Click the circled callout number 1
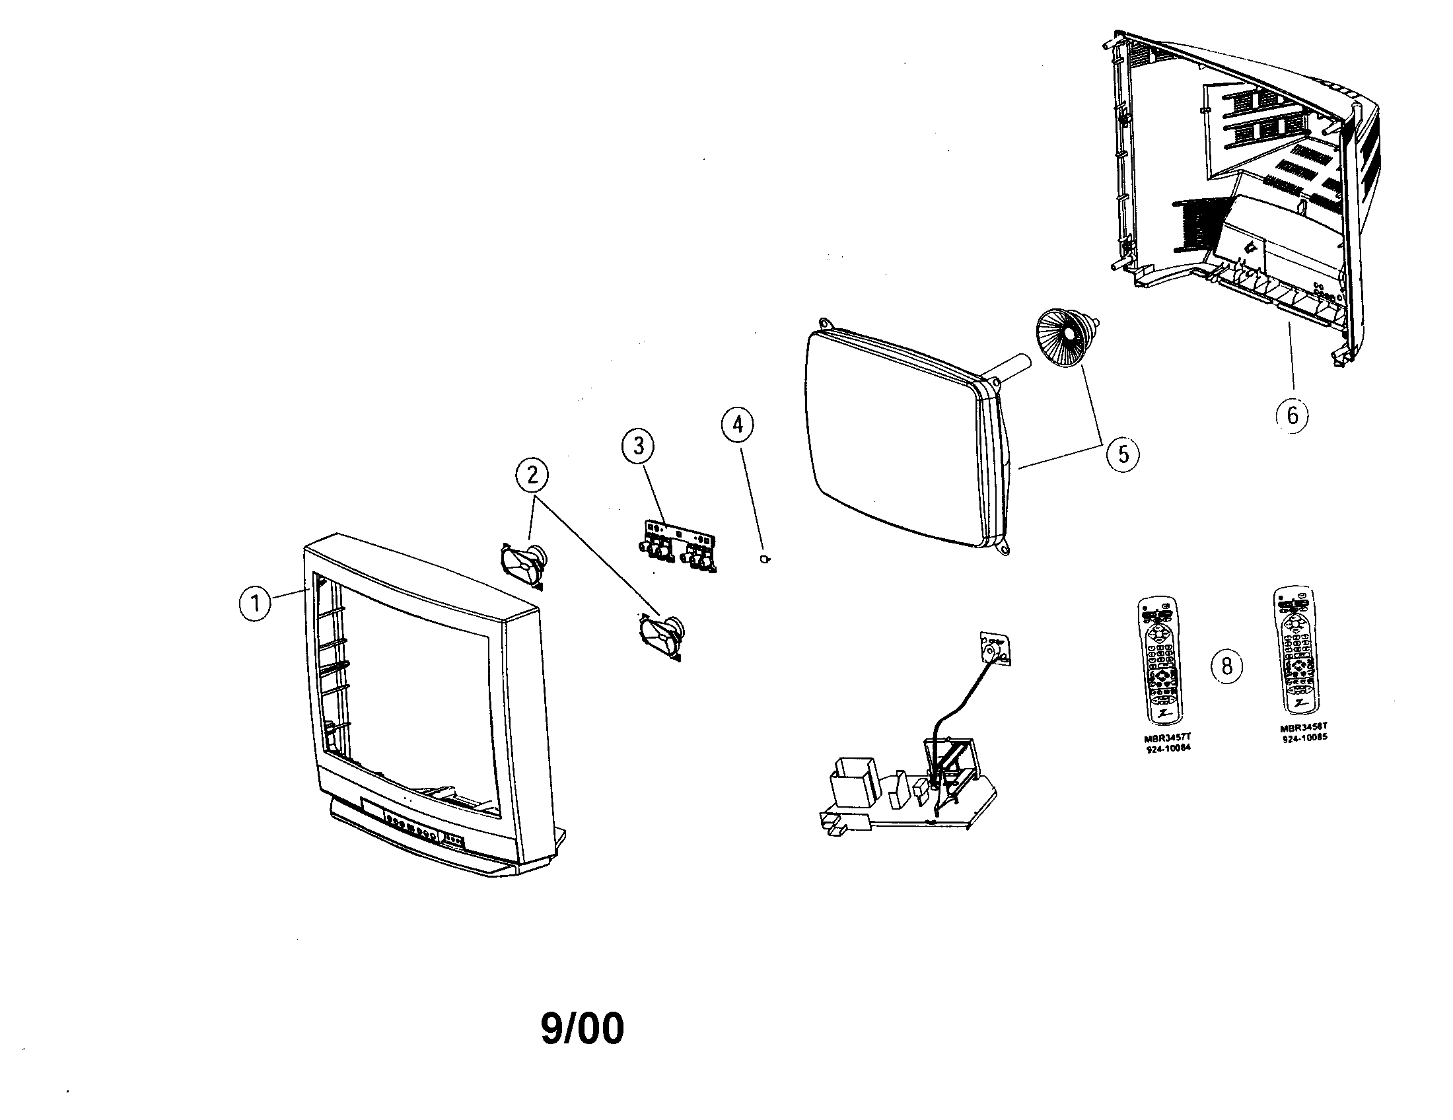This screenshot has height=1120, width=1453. point(255,604)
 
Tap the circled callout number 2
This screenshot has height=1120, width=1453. point(532,475)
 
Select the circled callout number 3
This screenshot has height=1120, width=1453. point(638,446)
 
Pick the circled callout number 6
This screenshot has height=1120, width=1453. point(1292,415)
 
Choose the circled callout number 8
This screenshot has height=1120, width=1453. point(1227,665)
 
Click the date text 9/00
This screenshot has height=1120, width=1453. point(582,1029)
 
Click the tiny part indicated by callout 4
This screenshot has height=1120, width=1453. point(765,558)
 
